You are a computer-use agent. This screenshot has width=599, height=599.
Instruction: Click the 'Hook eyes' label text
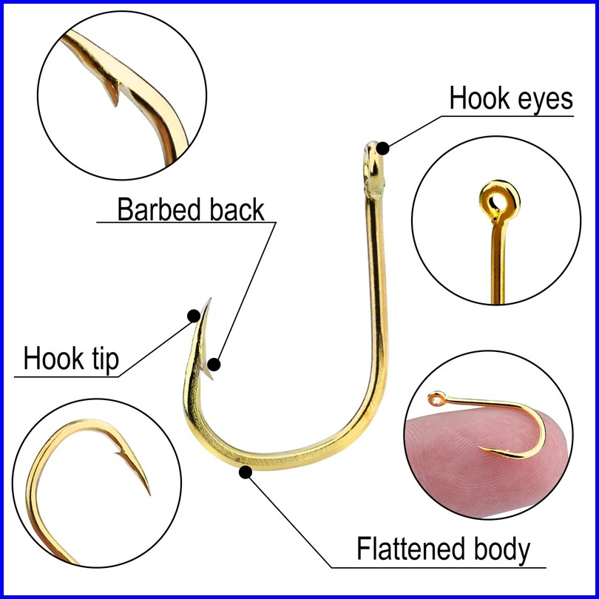tap(511, 98)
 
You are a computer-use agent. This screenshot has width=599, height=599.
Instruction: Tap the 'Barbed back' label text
tap(191, 209)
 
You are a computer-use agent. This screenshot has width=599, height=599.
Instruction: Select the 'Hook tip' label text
tap(71, 359)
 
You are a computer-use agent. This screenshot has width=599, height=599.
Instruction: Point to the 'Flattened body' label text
tap(444, 549)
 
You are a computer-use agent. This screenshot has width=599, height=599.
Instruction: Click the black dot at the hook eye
tap(382, 148)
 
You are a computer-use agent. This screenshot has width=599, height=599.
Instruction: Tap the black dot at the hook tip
tap(194, 316)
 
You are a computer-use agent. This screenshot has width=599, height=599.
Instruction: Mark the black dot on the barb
tap(214, 364)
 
